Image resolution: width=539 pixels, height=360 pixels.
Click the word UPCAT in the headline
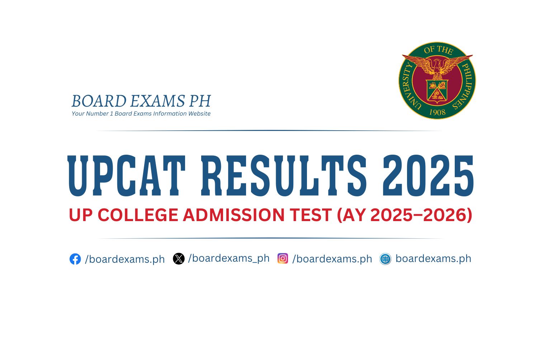[127, 176]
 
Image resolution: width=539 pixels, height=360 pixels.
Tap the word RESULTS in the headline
[284, 176]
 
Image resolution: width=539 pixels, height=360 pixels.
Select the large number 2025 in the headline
[428, 176]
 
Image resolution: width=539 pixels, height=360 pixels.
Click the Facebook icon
[75, 259]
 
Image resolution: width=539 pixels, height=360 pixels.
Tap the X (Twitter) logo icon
[179, 258]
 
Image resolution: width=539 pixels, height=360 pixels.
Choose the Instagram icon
[283, 258]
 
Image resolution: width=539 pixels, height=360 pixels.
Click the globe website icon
[385, 259]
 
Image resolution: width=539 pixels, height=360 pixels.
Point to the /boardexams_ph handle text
[229, 258]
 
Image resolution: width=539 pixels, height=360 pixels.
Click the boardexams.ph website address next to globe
[433, 258]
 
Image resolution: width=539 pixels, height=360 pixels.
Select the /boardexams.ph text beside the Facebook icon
[125, 259]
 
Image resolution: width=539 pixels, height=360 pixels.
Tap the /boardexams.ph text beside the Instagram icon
[332, 259]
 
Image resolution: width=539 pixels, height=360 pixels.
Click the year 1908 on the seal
[437, 112]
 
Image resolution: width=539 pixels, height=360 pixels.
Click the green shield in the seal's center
[437, 90]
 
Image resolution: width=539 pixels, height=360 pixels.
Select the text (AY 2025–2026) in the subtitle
[404, 215]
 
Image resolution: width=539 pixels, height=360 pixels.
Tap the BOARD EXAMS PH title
[141, 101]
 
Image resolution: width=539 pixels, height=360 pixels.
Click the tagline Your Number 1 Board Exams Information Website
[141, 114]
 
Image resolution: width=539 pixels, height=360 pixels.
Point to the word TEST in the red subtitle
[311, 215]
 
